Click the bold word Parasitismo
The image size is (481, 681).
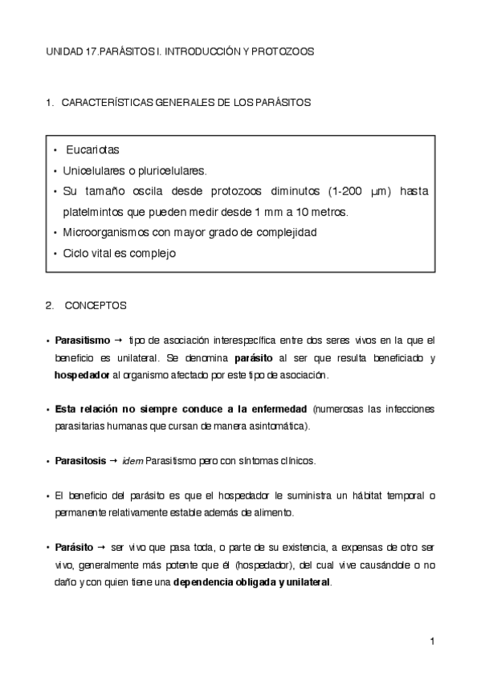(83, 340)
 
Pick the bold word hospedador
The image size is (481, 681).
(82, 374)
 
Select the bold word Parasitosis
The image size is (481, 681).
(79, 460)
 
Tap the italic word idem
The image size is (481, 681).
(133, 460)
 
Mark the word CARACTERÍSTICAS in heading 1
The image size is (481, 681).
(103, 102)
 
